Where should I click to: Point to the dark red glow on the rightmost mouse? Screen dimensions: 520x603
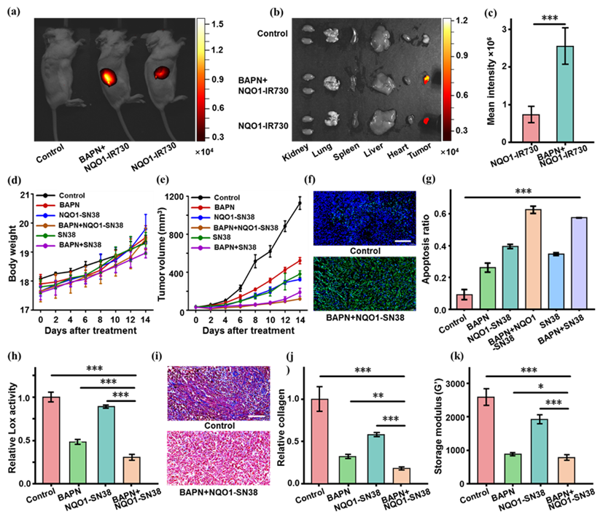click(x=160, y=72)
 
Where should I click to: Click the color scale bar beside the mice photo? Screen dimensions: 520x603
click(x=201, y=79)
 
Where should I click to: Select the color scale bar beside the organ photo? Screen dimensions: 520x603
click(x=447, y=79)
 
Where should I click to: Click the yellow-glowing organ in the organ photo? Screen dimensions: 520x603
click(x=427, y=77)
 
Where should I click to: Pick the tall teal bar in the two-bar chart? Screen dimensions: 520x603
click(x=565, y=94)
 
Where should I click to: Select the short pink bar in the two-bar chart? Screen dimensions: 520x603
click(x=531, y=128)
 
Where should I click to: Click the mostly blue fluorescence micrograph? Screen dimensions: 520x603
click(x=364, y=219)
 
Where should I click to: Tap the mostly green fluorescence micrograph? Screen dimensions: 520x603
click(x=364, y=284)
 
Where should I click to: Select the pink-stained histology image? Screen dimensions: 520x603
click(x=218, y=457)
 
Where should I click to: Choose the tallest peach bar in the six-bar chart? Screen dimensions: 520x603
click(x=533, y=259)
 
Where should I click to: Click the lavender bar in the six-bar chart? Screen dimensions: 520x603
click(x=579, y=263)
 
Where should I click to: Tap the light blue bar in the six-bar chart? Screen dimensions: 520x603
click(x=556, y=282)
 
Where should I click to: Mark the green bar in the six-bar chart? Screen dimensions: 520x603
click(x=487, y=288)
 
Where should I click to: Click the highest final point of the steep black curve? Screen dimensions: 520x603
click(x=299, y=203)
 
